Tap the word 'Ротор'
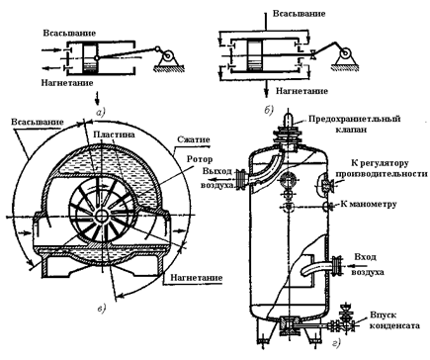(x=200, y=159)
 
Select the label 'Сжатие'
(x=194, y=139)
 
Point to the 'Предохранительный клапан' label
(x=354, y=124)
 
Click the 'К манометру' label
(x=368, y=204)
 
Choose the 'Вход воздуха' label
(x=368, y=265)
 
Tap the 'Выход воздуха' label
(x=217, y=178)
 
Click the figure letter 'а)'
(x=100, y=113)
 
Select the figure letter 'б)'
(x=269, y=110)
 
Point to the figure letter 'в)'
(x=102, y=309)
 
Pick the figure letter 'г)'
(x=336, y=344)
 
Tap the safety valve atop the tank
(x=289, y=132)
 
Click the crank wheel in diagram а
(x=168, y=56)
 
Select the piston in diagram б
(x=255, y=55)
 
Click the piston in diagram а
(x=90, y=58)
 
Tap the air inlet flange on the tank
(x=336, y=265)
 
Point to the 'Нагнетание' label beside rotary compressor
(x=196, y=278)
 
